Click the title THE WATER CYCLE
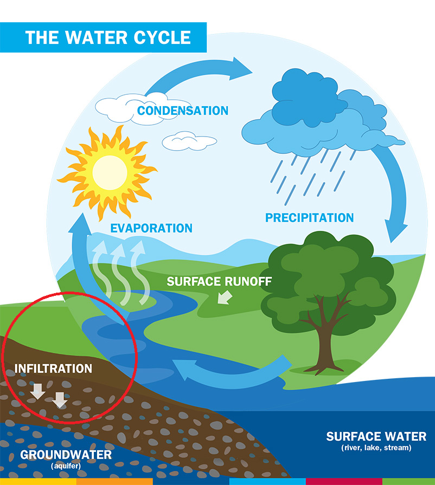pos(108,37)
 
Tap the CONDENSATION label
pos(182,111)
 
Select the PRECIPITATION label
pos(309,218)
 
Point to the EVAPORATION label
pos(151,228)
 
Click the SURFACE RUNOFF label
pos(219,282)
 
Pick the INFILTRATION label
pos(53,368)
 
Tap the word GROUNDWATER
pos(66,454)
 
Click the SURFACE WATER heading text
pos(376,436)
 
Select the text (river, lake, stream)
pos(376,448)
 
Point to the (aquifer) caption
pos(65,465)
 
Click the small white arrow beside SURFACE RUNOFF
pos(223,298)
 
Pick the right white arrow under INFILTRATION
pos(60,399)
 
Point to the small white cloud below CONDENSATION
pos(189,141)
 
